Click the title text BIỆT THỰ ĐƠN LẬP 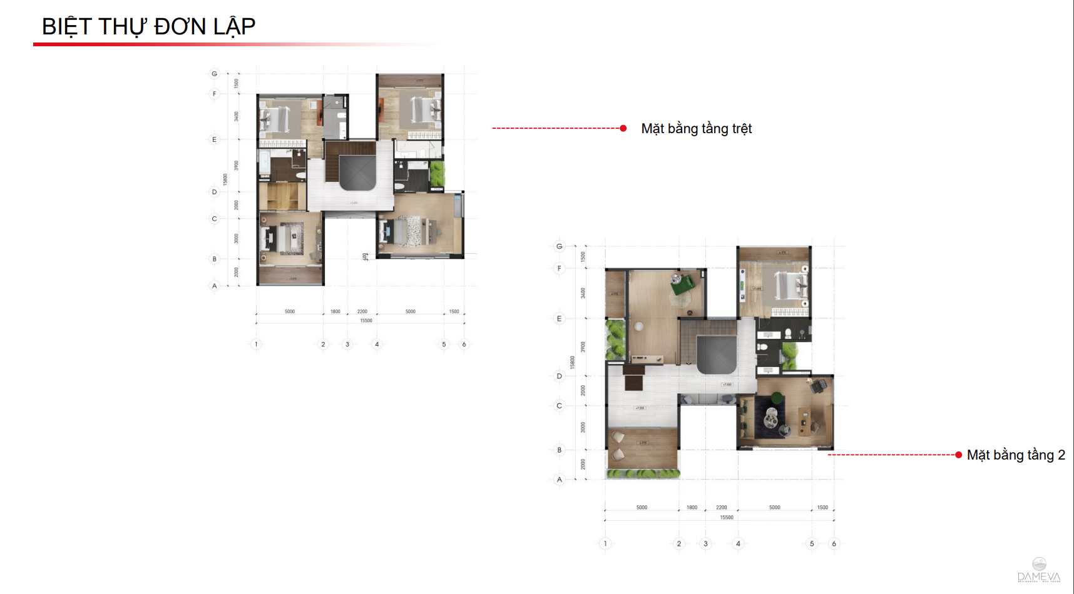coord(148,26)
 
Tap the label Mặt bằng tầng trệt coord(696,129)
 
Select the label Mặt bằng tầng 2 coord(1015,455)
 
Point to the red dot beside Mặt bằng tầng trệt coord(623,128)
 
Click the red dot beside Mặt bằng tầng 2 coord(958,455)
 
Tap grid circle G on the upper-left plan coord(215,74)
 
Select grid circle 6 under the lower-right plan coord(834,543)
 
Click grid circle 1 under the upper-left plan coord(256,344)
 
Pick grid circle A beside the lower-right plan coord(560,480)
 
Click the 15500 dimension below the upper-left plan coord(366,321)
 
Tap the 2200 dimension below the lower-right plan coord(722,508)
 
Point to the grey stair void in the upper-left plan coord(357,173)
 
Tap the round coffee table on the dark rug coord(772,413)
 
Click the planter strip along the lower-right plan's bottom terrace coord(643,474)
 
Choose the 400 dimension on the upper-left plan coord(365,256)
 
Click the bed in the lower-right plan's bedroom coord(787,285)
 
